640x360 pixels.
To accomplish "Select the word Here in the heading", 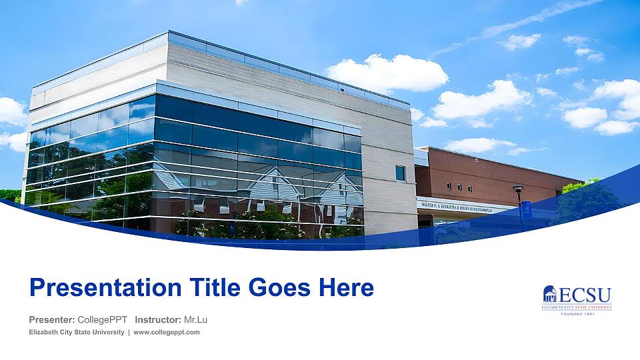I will click(346, 288).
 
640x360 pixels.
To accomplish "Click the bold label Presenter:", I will click(52, 320).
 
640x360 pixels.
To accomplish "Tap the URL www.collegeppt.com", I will click(167, 332).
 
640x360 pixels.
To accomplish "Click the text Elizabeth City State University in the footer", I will click(77, 332).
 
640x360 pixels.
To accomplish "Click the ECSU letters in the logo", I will click(585, 295).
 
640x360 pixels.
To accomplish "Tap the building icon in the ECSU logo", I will click(550, 294).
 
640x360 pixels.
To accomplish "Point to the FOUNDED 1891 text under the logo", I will click(577, 313).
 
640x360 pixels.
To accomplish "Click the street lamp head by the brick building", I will click(518, 187).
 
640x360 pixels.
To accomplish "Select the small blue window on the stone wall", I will click(400, 173).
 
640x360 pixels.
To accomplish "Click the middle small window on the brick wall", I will click(459, 185).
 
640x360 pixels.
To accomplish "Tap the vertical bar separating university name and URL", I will click(129, 332).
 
